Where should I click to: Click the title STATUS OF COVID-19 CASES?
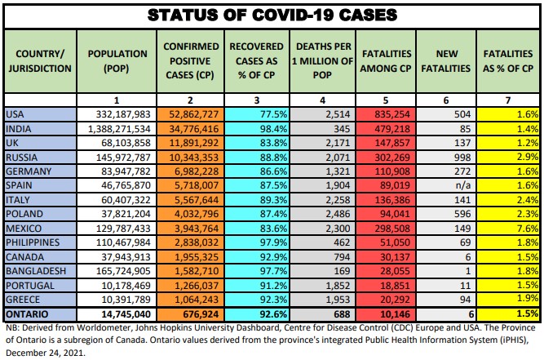(x=272, y=14)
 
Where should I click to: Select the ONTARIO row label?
(x=29, y=313)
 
